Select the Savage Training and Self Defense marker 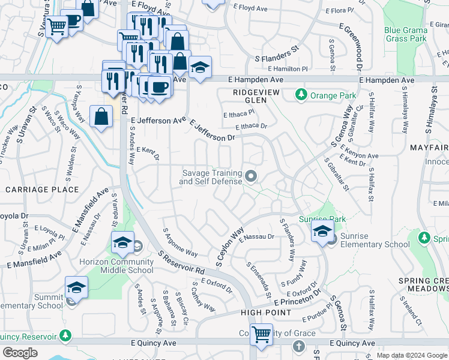coord(251,176)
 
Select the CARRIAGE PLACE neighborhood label coord(42,190)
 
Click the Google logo coord(20,353)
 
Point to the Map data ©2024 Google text coord(411,355)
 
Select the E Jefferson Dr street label coord(212,130)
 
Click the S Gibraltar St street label coord(337,174)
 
